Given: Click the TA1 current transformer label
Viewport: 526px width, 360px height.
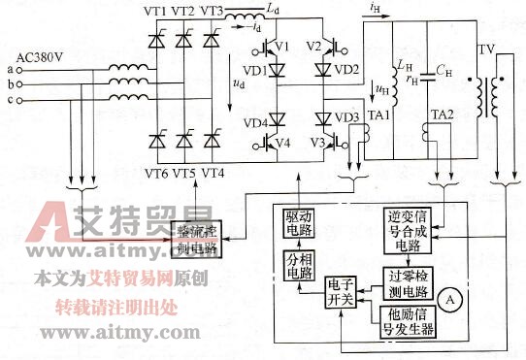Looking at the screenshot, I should click(x=378, y=115).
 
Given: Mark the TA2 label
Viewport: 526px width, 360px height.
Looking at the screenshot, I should click(x=442, y=115).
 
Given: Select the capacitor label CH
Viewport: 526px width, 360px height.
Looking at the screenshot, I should click(x=444, y=70).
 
